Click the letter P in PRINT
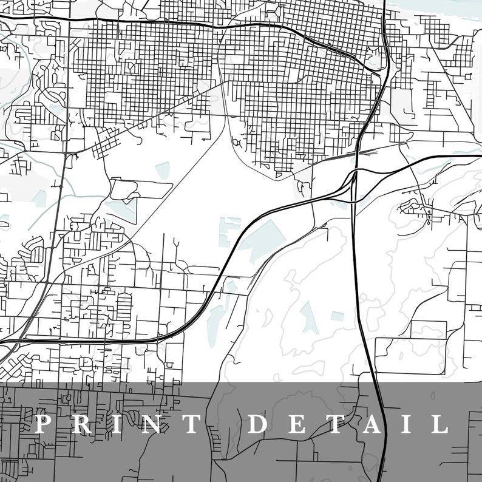tap(42, 424)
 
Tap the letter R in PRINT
tap(83, 424)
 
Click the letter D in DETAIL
tap(259, 424)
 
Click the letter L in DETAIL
tap(441, 424)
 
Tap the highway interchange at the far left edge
tap(6, 349)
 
